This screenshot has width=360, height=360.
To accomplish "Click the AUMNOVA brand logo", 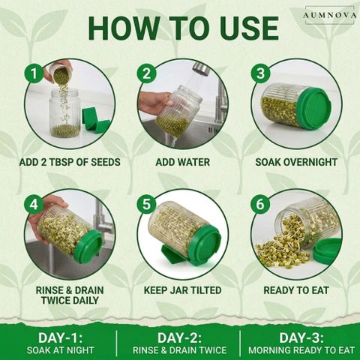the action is tap(329, 15).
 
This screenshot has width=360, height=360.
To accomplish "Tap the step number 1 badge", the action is tap(34, 73).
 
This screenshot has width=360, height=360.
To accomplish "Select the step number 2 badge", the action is tap(147, 73).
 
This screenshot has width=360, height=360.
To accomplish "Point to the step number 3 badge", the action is tap(260, 73).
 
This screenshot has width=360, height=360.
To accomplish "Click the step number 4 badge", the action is tap(34, 204).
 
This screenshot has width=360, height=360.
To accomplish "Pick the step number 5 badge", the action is tap(147, 204).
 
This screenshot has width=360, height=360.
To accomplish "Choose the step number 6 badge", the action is tap(260, 204).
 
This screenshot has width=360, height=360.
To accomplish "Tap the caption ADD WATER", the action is tap(183, 162).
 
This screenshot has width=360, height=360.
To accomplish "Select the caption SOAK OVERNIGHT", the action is tap(296, 162).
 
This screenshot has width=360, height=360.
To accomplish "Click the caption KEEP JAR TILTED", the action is tap(183, 290).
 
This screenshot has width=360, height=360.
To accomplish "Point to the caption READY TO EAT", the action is tap(296, 290).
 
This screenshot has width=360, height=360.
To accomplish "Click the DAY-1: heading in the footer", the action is tap(60, 338).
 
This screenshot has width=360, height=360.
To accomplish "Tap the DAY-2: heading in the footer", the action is tap(179, 338).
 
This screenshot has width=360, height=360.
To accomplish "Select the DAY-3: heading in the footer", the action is tap(301, 338).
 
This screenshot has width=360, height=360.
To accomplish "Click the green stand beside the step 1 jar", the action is tap(95, 121).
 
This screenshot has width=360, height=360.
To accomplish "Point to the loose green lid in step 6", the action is tap(327, 250).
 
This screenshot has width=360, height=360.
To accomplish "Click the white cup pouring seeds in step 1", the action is tap(58, 70).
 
